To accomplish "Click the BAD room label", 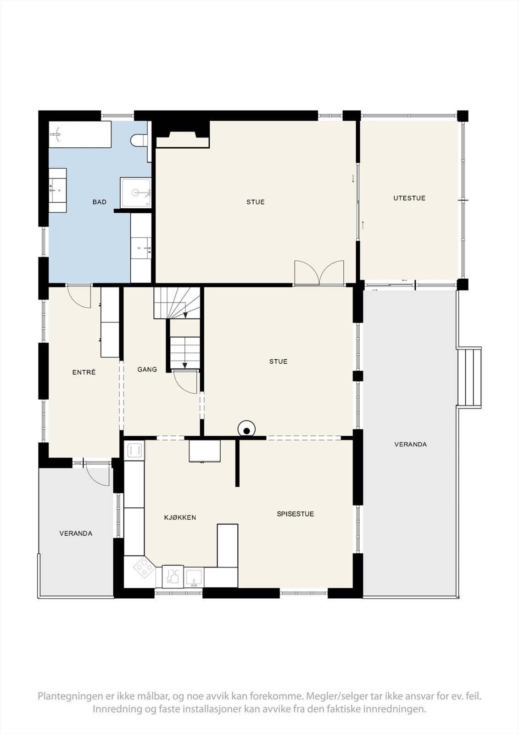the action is [99, 202].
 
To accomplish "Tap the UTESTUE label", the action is [409, 198].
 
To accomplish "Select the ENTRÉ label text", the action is [84, 372].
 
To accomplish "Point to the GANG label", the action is [147, 369].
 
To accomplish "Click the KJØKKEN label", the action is [180, 517].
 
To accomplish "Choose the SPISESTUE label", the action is [296, 514].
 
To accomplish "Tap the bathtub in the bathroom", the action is [80, 134].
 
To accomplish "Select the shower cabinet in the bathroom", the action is [135, 193].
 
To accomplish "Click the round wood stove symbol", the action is [246, 429].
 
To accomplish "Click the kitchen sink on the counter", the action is [194, 578].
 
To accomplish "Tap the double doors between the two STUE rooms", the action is [319, 273].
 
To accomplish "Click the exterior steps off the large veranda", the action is [469, 378].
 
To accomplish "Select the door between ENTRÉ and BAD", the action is [79, 296].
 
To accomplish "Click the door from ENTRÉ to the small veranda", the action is [97, 474].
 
